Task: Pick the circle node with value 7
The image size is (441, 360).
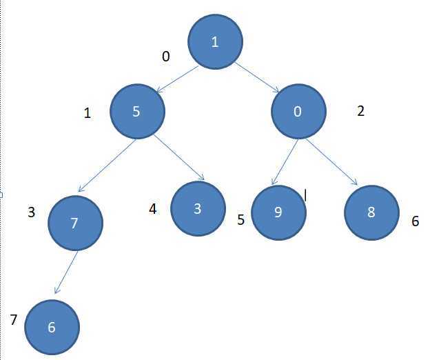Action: click(x=76, y=222)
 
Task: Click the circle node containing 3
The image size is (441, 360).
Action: click(x=198, y=208)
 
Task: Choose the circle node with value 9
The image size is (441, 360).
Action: click(x=278, y=212)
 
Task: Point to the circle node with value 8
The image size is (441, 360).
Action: click(x=371, y=212)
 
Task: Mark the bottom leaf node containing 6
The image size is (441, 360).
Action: click(x=52, y=327)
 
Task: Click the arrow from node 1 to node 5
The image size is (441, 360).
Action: click(x=178, y=79)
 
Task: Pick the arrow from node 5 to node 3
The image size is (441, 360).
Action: click(x=178, y=159)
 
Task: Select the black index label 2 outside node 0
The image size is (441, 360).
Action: click(x=360, y=110)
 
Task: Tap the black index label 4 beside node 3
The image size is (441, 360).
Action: click(x=153, y=208)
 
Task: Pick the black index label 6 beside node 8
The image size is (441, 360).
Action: click(x=415, y=222)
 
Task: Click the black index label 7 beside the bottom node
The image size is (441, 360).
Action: click(x=13, y=319)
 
